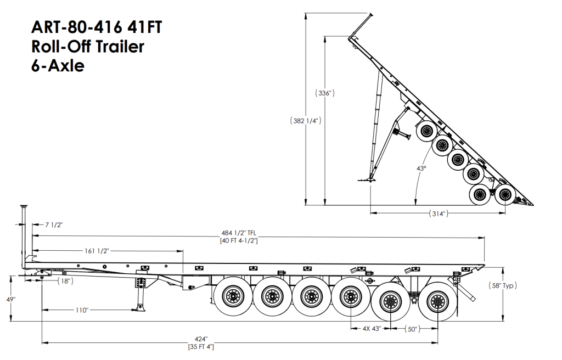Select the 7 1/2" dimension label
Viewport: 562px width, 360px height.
coord(54,225)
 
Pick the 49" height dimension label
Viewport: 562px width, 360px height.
coord(11,299)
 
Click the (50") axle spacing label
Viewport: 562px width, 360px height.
coord(412,329)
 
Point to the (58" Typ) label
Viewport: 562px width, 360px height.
coord(503,286)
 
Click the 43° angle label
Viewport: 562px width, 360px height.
coord(421,168)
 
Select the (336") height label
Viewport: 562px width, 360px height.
coord(325,93)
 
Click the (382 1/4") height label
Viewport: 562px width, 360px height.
coord(305,121)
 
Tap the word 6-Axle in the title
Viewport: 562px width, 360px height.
coord(58,66)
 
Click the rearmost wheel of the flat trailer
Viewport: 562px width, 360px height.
coord(438,301)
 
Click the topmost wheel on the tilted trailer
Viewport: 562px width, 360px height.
coord(426,132)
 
